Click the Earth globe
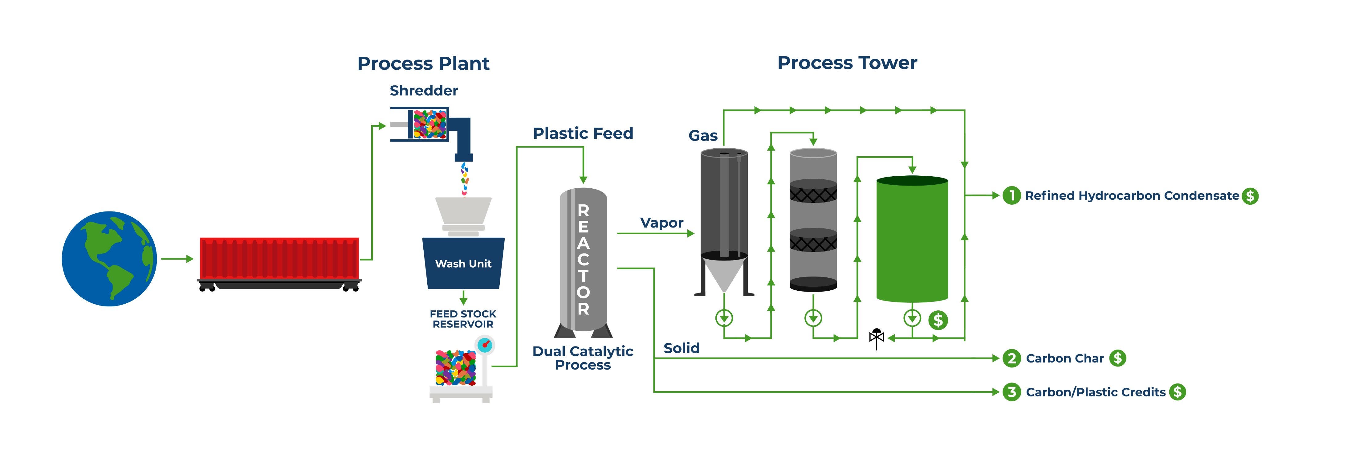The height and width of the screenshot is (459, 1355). [x=109, y=259]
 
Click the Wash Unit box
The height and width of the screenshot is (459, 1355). [x=463, y=263]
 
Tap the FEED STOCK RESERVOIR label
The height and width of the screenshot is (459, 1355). [x=463, y=319]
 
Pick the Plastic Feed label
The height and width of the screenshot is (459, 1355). [x=583, y=133]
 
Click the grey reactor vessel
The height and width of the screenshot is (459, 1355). [x=583, y=260]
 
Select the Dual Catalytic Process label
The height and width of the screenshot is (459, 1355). [x=583, y=358]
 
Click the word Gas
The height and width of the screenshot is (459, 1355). [x=703, y=136]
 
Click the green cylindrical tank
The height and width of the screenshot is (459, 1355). [x=912, y=239]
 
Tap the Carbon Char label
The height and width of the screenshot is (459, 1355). [x=1065, y=359]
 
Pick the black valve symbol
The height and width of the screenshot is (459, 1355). [x=876, y=338]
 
